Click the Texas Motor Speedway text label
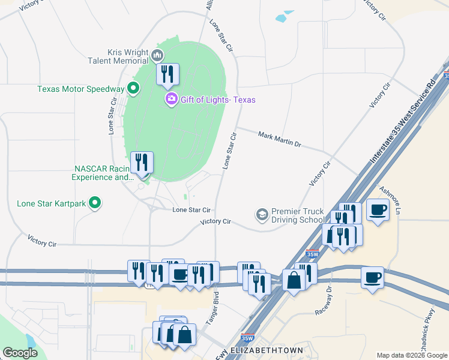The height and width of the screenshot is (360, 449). [x=80, y=89]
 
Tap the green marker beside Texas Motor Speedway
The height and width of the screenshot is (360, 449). [x=133, y=89]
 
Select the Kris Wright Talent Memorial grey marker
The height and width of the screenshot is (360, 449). [x=158, y=56]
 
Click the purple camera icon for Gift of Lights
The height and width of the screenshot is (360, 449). [x=171, y=99]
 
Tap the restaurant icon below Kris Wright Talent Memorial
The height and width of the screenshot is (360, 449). [x=167, y=74]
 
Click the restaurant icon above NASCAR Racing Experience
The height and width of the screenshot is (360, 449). [x=142, y=162]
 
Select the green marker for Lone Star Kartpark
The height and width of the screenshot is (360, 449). [x=94, y=203]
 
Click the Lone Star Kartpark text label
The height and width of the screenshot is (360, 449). [x=51, y=203]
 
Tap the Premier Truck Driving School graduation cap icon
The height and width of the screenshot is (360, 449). [x=262, y=214]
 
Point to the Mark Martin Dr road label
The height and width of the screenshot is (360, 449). [x=279, y=140]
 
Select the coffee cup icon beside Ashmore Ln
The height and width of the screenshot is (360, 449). [x=378, y=210]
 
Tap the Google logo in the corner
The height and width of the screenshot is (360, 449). [x=20, y=353]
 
